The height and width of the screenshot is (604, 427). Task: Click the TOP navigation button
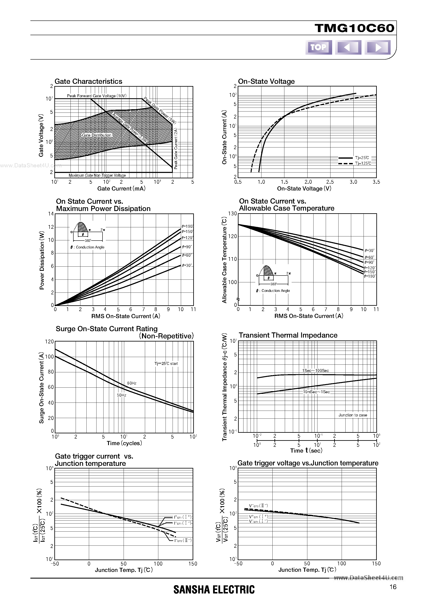point(318,47)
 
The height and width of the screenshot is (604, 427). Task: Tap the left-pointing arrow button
point(348,47)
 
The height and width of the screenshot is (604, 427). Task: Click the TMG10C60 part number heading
point(354,28)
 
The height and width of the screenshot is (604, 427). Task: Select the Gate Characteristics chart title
point(88,81)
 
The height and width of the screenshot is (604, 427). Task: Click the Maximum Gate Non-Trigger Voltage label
point(97,175)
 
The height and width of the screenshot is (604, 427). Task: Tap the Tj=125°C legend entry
point(363,163)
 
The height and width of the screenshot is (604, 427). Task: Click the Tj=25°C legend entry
point(362,158)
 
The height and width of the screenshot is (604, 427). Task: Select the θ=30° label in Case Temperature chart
point(369,250)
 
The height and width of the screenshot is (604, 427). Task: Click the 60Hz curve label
point(132,383)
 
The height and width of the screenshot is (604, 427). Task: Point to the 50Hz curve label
point(122,395)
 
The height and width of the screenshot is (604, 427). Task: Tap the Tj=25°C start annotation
point(166,364)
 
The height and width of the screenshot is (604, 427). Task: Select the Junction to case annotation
point(353,415)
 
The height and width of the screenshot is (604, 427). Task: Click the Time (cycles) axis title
point(124,443)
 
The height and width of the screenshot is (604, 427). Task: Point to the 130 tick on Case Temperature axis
point(233,214)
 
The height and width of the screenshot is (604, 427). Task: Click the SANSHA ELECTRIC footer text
point(214,590)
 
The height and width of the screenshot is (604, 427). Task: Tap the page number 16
point(393,587)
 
